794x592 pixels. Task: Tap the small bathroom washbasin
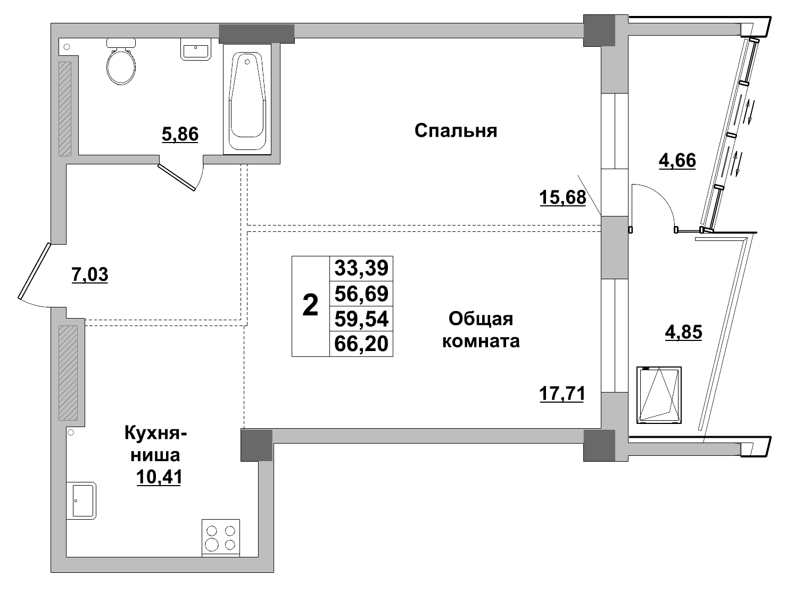click(196, 50)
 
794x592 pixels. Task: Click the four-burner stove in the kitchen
click(221, 538)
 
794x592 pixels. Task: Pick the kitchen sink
click(81, 500)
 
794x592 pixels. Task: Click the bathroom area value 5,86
click(180, 135)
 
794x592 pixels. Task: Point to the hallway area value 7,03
click(89, 275)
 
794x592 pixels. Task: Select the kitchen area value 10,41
click(159, 477)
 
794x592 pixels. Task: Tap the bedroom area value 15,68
click(562, 197)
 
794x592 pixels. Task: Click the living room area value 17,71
click(562, 394)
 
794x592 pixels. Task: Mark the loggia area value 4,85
click(683, 332)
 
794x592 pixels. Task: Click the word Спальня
click(456, 131)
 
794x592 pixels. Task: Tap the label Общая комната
click(481, 330)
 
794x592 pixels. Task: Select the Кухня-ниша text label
click(155, 444)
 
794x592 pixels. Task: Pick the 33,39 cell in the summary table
click(361, 268)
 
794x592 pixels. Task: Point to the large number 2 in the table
click(310, 306)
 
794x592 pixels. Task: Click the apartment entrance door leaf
click(33, 271)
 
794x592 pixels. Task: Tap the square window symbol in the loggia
click(659, 395)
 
